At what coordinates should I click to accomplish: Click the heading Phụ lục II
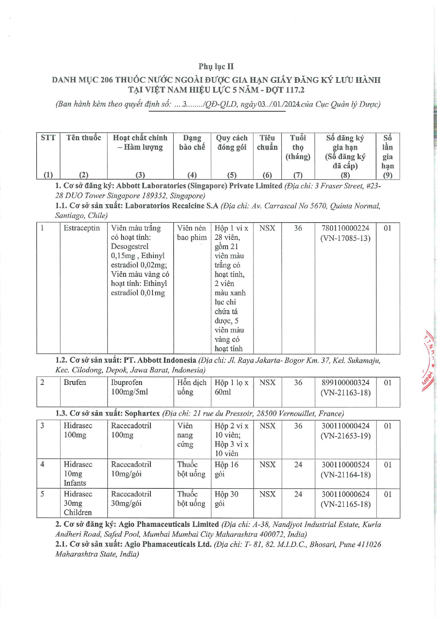216,67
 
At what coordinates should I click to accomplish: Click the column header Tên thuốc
83,138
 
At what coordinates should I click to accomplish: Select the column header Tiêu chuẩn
267,143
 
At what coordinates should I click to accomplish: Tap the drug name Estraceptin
82,228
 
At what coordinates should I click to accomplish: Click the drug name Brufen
75,382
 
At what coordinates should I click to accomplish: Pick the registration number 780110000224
345,228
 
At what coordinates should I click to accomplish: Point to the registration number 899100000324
345,382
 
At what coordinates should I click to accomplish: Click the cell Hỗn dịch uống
192,387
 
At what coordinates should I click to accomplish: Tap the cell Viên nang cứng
185,435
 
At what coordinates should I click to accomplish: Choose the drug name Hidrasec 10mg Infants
77,474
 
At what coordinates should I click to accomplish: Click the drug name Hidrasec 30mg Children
77,503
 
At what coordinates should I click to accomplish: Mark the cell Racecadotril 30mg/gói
131,499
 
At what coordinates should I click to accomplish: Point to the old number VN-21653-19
345,436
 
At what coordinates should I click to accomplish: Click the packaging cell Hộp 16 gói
226,469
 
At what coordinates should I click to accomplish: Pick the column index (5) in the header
232,175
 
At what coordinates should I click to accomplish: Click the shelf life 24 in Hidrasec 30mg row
298,494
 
